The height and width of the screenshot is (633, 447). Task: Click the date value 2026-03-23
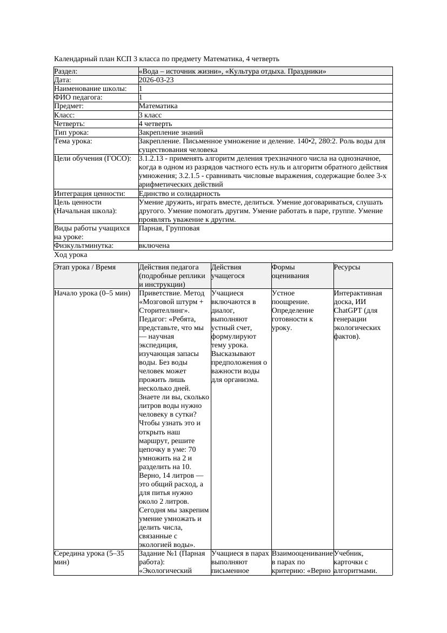pyautogui.click(x=156, y=80)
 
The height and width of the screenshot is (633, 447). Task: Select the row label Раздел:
pyautogui.click(x=66, y=71)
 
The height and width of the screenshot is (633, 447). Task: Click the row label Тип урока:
pyautogui.click(x=71, y=133)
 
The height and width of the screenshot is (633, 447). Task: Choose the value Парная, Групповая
pyautogui.click(x=169, y=228)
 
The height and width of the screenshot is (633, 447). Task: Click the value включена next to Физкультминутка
pyautogui.click(x=154, y=246)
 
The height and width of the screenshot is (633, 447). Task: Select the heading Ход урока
pyautogui.click(x=71, y=255)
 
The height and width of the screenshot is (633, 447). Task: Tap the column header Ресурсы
pyautogui.click(x=347, y=267)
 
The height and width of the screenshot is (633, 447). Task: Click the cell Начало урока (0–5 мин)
pyautogui.click(x=92, y=293)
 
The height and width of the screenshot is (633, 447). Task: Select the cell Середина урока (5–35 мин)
pyautogui.click(x=86, y=558)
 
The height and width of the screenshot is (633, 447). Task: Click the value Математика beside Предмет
pyautogui.click(x=158, y=107)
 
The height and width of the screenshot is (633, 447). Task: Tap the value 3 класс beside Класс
pyautogui.click(x=150, y=115)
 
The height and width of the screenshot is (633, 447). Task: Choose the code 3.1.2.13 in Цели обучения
pyautogui.click(x=154, y=159)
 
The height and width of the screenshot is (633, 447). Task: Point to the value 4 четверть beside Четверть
pyautogui.click(x=155, y=124)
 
